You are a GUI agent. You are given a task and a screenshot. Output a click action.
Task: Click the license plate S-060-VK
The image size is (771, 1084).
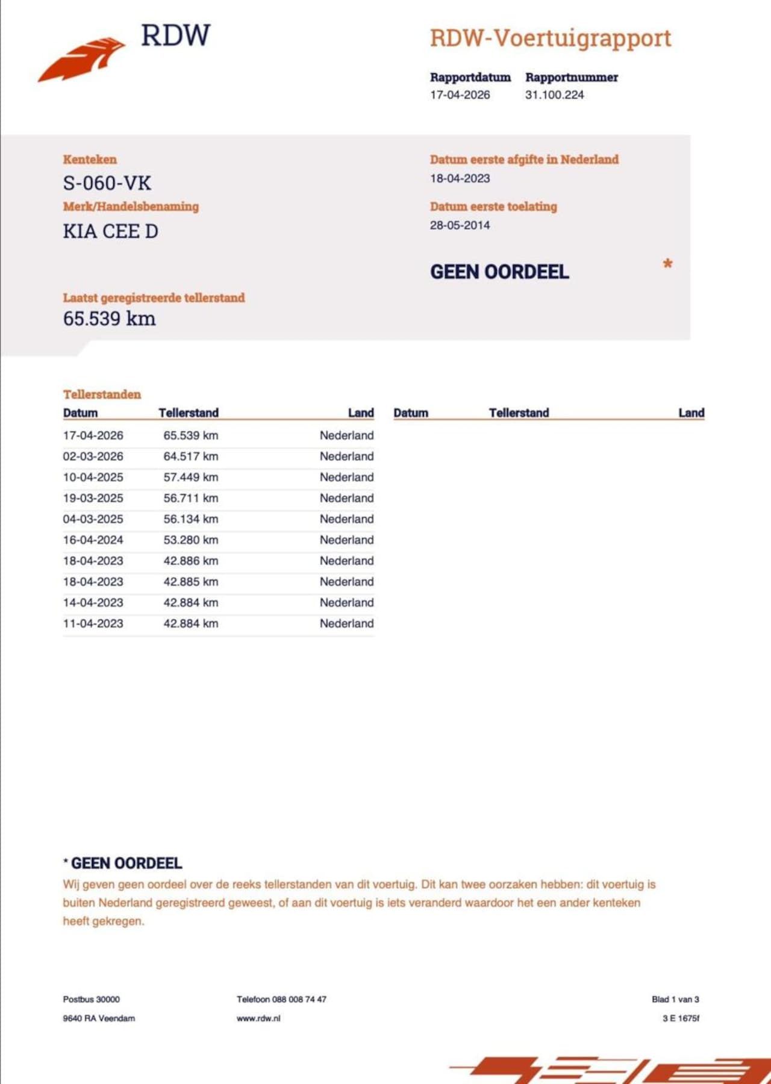107,183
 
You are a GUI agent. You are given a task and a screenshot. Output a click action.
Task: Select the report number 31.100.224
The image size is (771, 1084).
554,95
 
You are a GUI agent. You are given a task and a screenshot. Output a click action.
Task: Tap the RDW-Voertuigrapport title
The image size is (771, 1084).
550,39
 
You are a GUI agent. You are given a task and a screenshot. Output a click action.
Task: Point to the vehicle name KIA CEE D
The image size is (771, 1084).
110,231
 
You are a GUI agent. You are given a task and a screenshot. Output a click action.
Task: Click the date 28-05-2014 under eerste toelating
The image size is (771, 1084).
460,225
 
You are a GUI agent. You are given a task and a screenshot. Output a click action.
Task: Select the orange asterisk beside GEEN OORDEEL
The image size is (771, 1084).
667,264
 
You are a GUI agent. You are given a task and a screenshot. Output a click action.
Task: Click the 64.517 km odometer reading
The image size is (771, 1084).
190,456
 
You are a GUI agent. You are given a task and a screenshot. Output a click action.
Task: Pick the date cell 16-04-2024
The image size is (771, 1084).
93,540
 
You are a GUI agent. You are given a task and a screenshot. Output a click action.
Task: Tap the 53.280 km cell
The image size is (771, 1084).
190,540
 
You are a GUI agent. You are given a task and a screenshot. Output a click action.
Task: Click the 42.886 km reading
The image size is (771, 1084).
190,561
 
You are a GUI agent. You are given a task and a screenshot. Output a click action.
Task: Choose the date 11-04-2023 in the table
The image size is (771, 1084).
93,624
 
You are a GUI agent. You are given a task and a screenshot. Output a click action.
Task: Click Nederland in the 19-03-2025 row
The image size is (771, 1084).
346,498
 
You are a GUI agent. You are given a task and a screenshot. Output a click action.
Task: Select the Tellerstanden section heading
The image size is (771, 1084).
102,394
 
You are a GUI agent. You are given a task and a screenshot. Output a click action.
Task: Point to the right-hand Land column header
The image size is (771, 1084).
691,413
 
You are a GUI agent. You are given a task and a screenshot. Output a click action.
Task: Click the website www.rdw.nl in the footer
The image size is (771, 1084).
258,1018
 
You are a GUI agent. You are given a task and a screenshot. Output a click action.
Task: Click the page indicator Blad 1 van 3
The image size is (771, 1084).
675,999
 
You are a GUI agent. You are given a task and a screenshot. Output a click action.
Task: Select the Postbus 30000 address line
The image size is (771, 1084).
91,999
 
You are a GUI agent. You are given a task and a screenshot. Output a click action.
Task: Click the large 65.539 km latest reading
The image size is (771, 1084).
109,319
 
